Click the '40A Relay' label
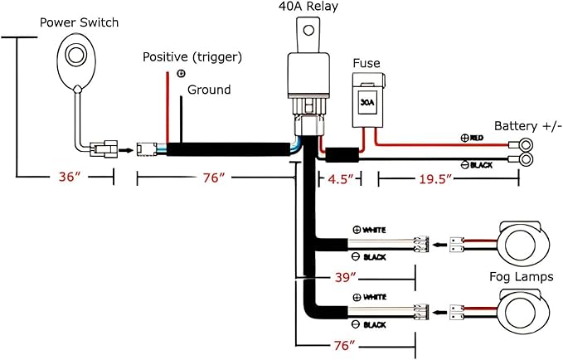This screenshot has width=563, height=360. (x=308, y=7)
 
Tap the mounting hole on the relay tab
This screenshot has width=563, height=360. (x=308, y=30)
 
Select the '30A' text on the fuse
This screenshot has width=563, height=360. (x=367, y=102)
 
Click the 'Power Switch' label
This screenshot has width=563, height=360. (x=79, y=22)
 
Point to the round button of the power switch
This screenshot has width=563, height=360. (x=75, y=56)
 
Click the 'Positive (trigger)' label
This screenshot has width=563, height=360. (x=192, y=57)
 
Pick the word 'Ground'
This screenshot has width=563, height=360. (x=209, y=90)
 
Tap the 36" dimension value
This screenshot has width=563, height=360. (x=70, y=177)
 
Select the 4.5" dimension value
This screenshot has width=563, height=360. (x=341, y=179)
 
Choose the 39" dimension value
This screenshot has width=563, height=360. (x=346, y=277)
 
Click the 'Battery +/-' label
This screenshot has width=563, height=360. (x=527, y=126)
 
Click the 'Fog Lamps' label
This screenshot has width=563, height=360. (x=522, y=277)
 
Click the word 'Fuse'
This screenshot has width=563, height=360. (x=366, y=63)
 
